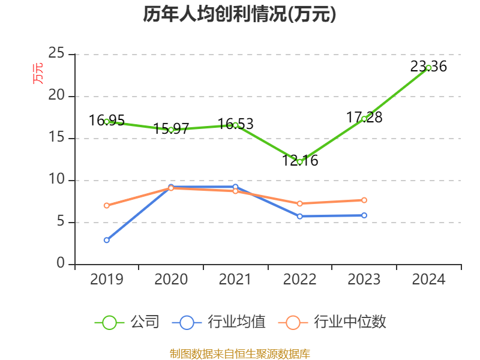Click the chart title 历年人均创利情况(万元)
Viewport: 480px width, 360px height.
pyautogui.click(x=239, y=14)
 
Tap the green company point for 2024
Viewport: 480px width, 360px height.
pyautogui.click(x=428, y=68)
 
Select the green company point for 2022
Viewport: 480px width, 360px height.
pyautogui.click(x=299, y=161)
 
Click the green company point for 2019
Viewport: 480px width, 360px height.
pyautogui.click(x=107, y=121)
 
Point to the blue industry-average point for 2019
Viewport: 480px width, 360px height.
pyautogui.click(x=107, y=240)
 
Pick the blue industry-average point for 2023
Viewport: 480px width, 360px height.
pyautogui.click(x=364, y=215)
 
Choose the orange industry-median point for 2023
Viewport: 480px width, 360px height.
pyautogui.click(x=364, y=200)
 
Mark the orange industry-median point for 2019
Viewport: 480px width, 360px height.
pyautogui.click(x=107, y=205)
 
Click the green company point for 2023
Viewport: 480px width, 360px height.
pyautogui.click(x=364, y=119)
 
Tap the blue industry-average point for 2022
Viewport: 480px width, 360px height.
pyautogui.click(x=299, y=216)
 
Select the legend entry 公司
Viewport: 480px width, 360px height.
pyautogui.click(x=128, y=322)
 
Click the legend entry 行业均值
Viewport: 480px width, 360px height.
pyautogui.click(x=220, y=322)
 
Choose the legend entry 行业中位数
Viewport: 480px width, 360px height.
pyautogui.click(x=334, y=322)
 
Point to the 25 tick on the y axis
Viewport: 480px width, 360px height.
pyautogui.click(x=56, y=54)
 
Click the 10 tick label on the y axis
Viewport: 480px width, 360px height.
pyautogui.click(x=56, y=180)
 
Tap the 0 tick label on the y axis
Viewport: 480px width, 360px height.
pyautogui.click(x=61, y=264)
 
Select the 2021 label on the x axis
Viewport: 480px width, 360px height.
pyautogui.click(x=235, y=280)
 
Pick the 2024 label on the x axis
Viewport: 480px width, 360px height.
pyautogui.click(x=428, y=280)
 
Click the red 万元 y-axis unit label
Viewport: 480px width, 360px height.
pyautogui.click(x=38, y=73)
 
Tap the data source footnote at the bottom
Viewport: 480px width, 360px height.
pyautogui.click(x=239, y=353)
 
